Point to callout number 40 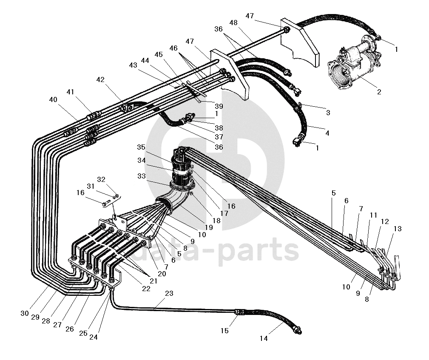point(53,99)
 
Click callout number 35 point(141,147)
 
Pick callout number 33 point(141,175)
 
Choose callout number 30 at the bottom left point(25,313)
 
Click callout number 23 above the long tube point(169,293)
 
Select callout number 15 point(224,330)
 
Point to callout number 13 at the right point(397,229)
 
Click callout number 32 point(101,179)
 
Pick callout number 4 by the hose point(327,133)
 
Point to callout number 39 point(219,106)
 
